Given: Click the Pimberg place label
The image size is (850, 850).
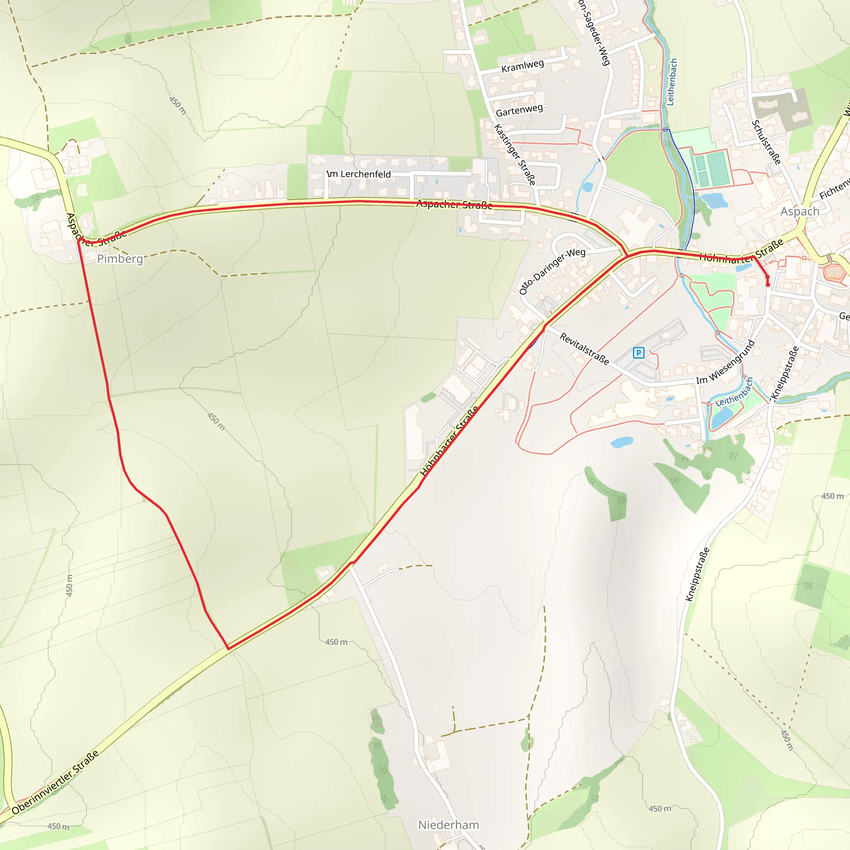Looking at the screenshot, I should coord(120,259).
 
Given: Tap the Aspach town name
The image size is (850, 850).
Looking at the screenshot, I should coord(799,212).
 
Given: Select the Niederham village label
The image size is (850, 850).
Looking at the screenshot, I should coord(448,825).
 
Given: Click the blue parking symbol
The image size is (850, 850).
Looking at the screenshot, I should coord(638,352).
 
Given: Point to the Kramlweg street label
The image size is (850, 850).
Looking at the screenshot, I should coord(522,66).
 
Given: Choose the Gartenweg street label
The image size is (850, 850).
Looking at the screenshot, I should coord(519,110).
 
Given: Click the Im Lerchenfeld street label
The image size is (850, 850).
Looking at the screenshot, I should coord(359,174).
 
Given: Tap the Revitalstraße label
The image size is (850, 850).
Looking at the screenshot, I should coord(584,349).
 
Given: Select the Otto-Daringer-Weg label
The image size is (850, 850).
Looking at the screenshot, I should coord(552,271).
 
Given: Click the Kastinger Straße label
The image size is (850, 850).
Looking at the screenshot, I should coord(515,155).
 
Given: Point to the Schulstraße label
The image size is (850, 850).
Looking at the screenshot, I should coord(767,142).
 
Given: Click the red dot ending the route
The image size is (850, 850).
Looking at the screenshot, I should coord(768,285).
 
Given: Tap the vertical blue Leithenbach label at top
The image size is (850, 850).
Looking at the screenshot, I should coord(672,82).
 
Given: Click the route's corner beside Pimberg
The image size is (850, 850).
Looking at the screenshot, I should coord(78,241).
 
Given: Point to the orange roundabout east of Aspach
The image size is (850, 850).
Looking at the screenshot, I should coord(833,272).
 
